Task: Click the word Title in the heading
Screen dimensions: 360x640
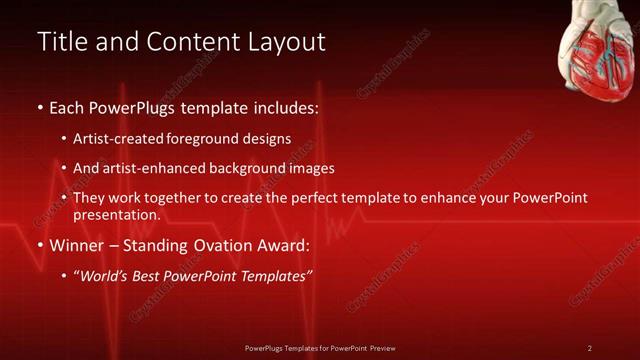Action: pyautogui.click(x=60, y=42)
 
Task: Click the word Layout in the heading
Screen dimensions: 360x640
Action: pyautogui.click(x=288, y=42)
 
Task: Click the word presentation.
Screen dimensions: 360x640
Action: pyautogui.click(x=116, y=214)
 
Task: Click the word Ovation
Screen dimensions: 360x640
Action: pyautogui.click(x=226, y=244)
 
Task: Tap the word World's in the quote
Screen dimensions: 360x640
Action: pyautogui.click(x=104, y=275)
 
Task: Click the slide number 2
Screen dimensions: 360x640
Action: pyautogui.click(x=590, y=347)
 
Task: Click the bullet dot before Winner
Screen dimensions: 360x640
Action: pyautogui.click(x=39, y=245)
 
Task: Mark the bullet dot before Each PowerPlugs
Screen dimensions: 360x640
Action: pyautogui.click(x=39, y=107)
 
